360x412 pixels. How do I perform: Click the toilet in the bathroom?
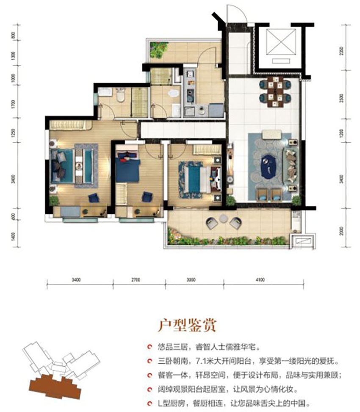[x=120, y=97]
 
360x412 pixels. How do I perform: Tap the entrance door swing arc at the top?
[x=236, y=13]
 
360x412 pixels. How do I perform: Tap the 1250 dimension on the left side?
[x=14, y=133]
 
